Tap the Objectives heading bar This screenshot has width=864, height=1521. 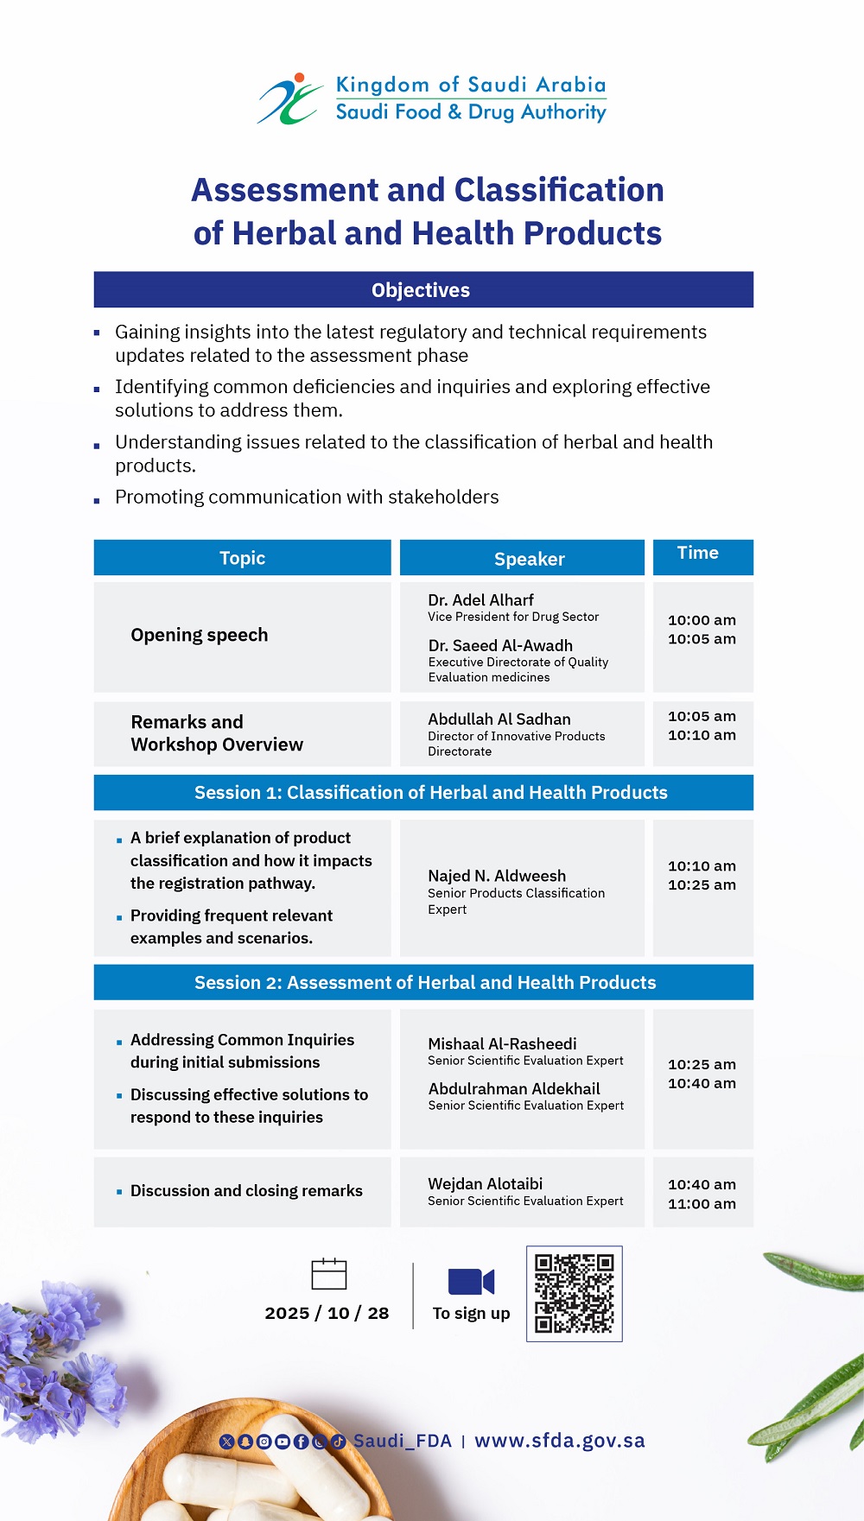423,290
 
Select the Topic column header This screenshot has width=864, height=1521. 242,558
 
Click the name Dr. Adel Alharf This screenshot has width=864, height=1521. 480,599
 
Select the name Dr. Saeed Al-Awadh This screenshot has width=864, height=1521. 500,645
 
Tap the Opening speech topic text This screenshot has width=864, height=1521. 200,635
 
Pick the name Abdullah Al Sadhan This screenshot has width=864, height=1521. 499,719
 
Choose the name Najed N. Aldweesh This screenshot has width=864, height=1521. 497,876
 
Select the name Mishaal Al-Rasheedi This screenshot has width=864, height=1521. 502,1043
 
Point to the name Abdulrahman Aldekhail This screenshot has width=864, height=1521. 514,1088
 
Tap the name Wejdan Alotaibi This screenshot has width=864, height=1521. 486,1183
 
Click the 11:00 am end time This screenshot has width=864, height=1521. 702,1203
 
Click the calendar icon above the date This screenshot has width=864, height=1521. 328,1274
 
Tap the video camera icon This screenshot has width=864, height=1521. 471,1281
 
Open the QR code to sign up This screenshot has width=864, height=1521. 575,1293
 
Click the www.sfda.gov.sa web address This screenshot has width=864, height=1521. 560,1440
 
